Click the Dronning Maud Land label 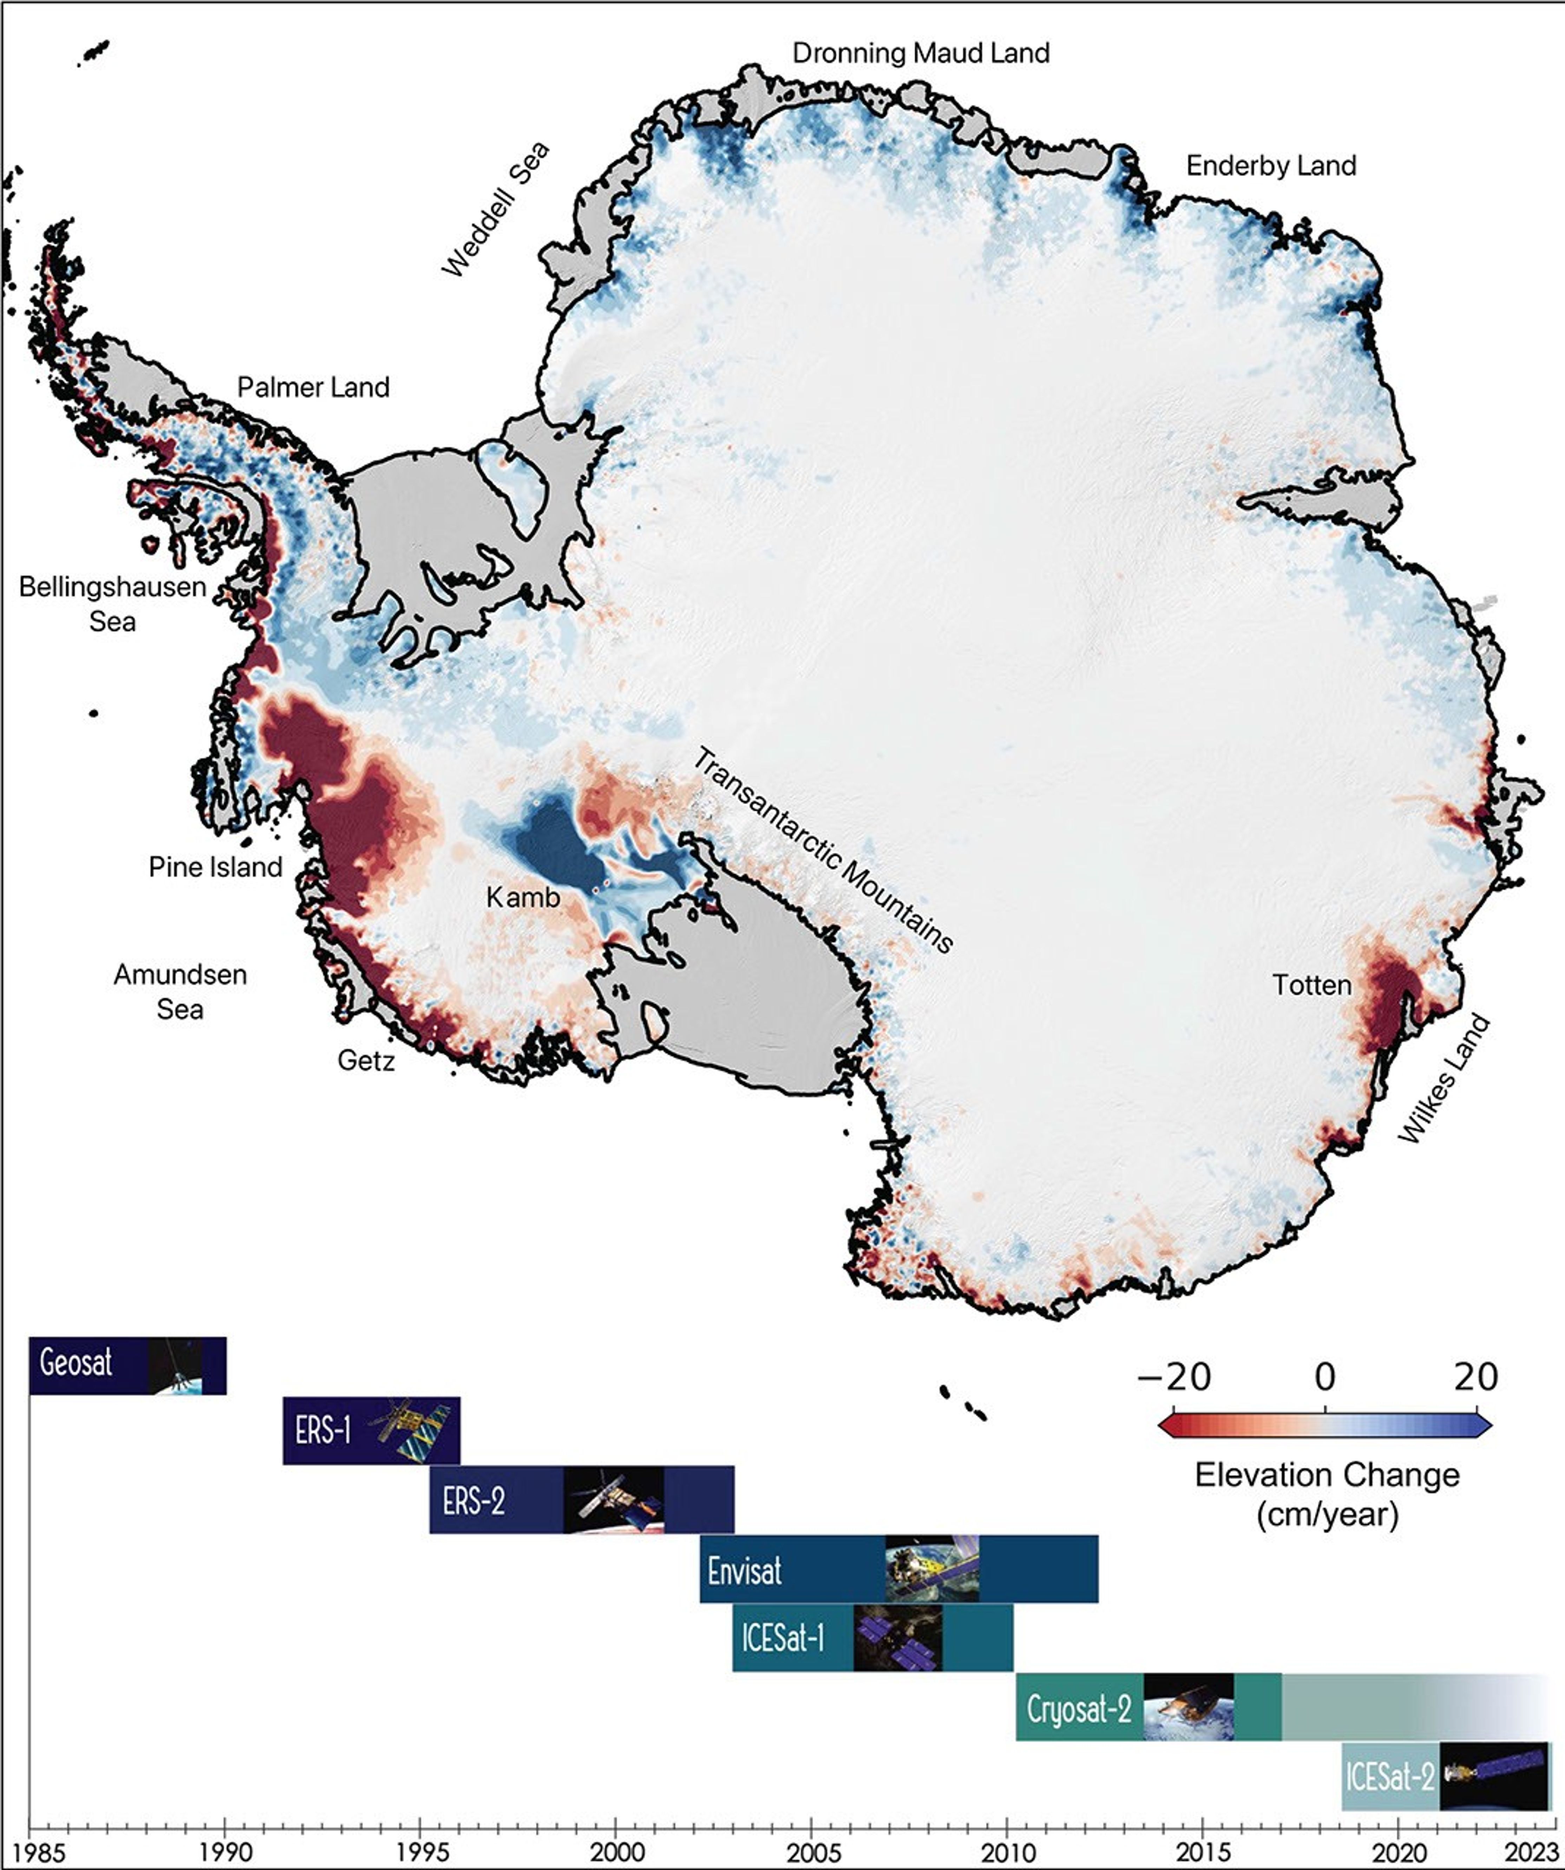coord(921,53)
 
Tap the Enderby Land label coord(1271,166)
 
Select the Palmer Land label coord(314,387)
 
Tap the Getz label coord(366,1061)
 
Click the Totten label coord(1311,985)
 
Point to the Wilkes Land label coord(1443,1079)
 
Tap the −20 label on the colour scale coord(1174,1377)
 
